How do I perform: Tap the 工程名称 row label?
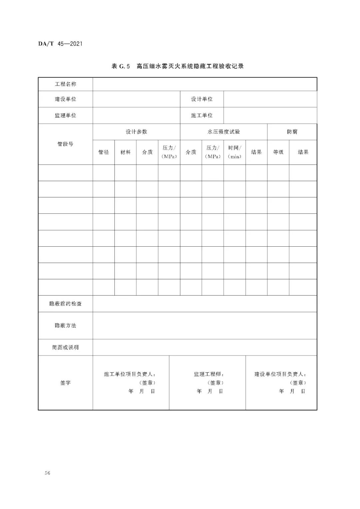coord(65,84)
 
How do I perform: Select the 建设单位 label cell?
coord(65,99)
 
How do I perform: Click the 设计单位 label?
coord(202,99)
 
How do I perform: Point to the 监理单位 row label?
coord(65,115)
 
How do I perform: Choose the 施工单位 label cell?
coord(202,115)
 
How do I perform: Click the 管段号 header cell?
coord(65,144)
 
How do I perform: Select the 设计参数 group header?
coord(136,132)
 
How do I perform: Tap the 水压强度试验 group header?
coord(224,132)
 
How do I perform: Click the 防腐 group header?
coord(292,132)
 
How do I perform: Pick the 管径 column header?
coord(104,152)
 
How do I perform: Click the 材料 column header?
coord(125,152)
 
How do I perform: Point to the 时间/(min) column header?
coord(234,152)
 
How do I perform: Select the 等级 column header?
coord(278,152)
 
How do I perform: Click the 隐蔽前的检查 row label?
coord(65,304)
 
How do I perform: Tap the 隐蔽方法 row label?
coord(65,325)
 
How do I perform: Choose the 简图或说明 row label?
coord(65,347)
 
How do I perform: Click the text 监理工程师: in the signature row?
coord(209,374)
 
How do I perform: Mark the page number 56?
coord(47,473)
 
